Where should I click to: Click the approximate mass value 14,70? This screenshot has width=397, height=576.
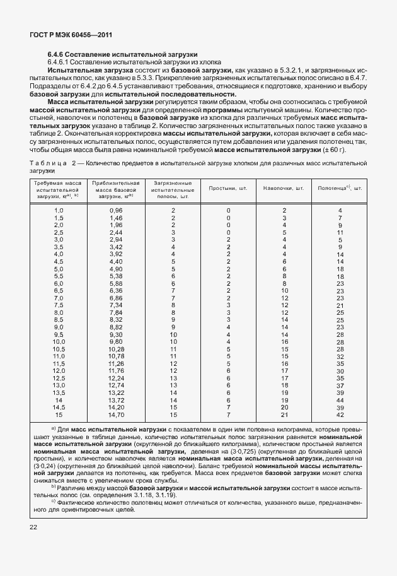(x=117, y=414)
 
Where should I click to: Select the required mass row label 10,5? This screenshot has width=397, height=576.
(x=59, y=349)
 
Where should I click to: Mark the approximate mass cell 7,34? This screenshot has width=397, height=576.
(x=116, y=305)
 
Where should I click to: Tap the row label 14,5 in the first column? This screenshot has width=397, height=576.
(x=59, y=407)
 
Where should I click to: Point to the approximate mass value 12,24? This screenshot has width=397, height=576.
(x=117, y=378)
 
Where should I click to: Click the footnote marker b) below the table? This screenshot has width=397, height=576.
(x=54, y=488)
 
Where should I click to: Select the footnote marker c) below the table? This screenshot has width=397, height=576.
(x=54, y=502)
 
